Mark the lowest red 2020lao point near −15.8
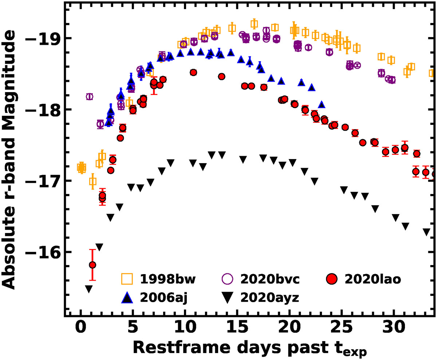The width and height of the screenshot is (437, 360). pos(92,265)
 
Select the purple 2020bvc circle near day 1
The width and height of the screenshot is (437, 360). pos(90,96)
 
